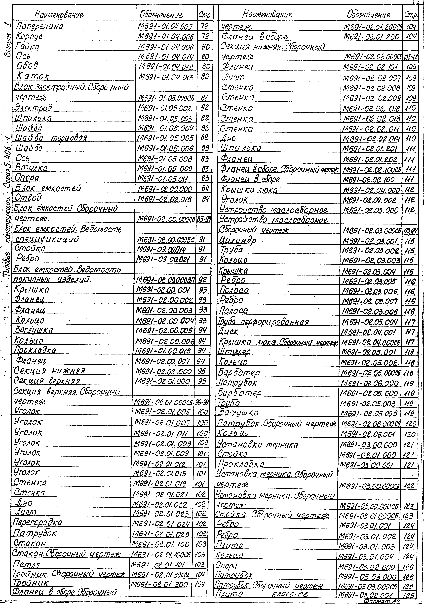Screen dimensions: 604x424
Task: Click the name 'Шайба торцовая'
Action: (51, 138)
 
